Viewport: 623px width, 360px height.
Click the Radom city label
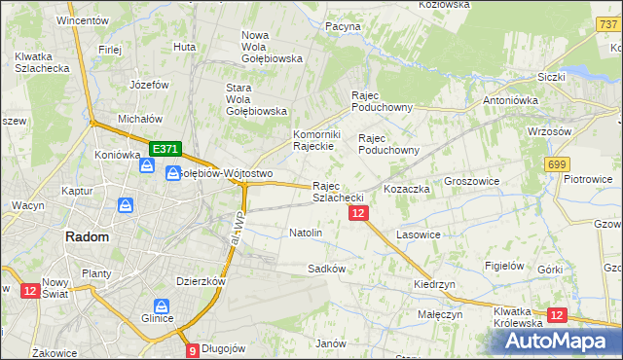pos(87,236)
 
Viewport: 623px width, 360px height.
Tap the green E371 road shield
pos(165,149)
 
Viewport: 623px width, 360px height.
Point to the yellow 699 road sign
pos(557,164)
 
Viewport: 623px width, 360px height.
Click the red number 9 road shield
pos(192,350)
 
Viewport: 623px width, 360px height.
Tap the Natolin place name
pos(306,234)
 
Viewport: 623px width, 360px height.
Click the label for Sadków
pos(327,268)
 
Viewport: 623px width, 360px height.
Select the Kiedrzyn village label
pos(434,284)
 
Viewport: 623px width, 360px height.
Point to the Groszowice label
pos(471,181)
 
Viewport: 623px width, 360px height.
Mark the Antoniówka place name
pos(513,100)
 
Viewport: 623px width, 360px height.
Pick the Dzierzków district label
pos(202,280)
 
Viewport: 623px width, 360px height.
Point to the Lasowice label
pos(420,234)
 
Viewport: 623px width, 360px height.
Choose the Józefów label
pos(150,85)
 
